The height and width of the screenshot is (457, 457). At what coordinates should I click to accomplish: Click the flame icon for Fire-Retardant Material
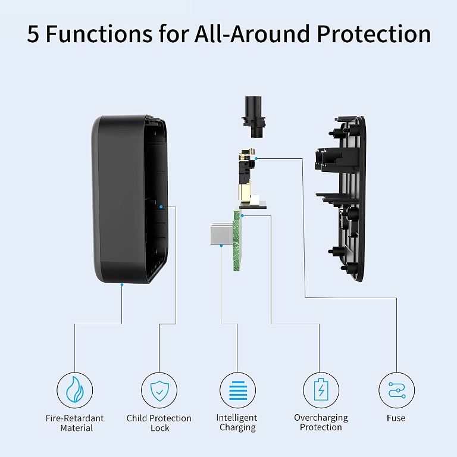[75, 390]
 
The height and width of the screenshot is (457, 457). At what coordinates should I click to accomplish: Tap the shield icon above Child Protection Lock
[159, 390]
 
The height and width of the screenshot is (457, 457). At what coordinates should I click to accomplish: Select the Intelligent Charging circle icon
[237, 390]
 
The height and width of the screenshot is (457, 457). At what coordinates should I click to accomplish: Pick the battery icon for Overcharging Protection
[321, 390]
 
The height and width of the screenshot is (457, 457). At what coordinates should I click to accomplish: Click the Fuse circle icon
[396, 390]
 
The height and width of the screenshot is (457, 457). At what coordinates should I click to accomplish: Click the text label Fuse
[396, 418]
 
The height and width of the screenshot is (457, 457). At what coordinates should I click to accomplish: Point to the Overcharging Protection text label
[321, 422]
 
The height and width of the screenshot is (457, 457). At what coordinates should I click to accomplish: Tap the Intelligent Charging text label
[237, 422]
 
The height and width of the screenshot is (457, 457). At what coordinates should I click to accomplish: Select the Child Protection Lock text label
[159, 422]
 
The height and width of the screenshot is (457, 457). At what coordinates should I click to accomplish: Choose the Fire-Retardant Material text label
[75, 422]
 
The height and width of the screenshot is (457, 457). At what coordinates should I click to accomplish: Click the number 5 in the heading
[33, 34]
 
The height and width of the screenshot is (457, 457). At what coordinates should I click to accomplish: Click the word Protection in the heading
[373, 34]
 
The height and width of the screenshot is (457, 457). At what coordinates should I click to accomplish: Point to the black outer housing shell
[113, 196]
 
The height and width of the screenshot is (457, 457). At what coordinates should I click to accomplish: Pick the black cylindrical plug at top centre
[253, 112]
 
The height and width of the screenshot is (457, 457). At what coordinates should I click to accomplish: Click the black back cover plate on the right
[348, 196]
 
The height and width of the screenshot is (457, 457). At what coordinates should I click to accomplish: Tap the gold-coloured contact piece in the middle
[244, 179]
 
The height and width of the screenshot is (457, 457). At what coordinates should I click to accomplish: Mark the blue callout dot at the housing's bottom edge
[121, 285]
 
